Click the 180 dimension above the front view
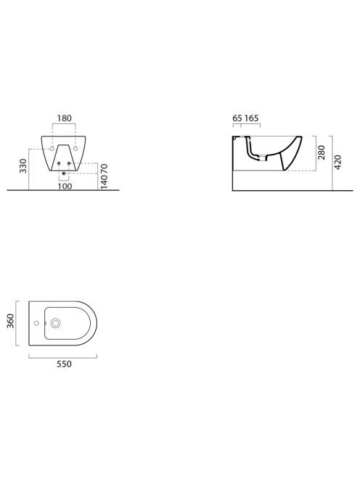tap(65, 118)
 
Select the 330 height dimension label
tap(23, 166)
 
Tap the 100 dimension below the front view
tap(65, 187)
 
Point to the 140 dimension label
tap(105, 182)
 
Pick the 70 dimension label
tap(105, 169)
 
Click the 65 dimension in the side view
tap(237, 118)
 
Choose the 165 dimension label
tap(251, 118)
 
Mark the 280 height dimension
tap(322, 152)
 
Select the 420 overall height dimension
tap(337, 163)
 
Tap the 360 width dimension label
tap(11, 322)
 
